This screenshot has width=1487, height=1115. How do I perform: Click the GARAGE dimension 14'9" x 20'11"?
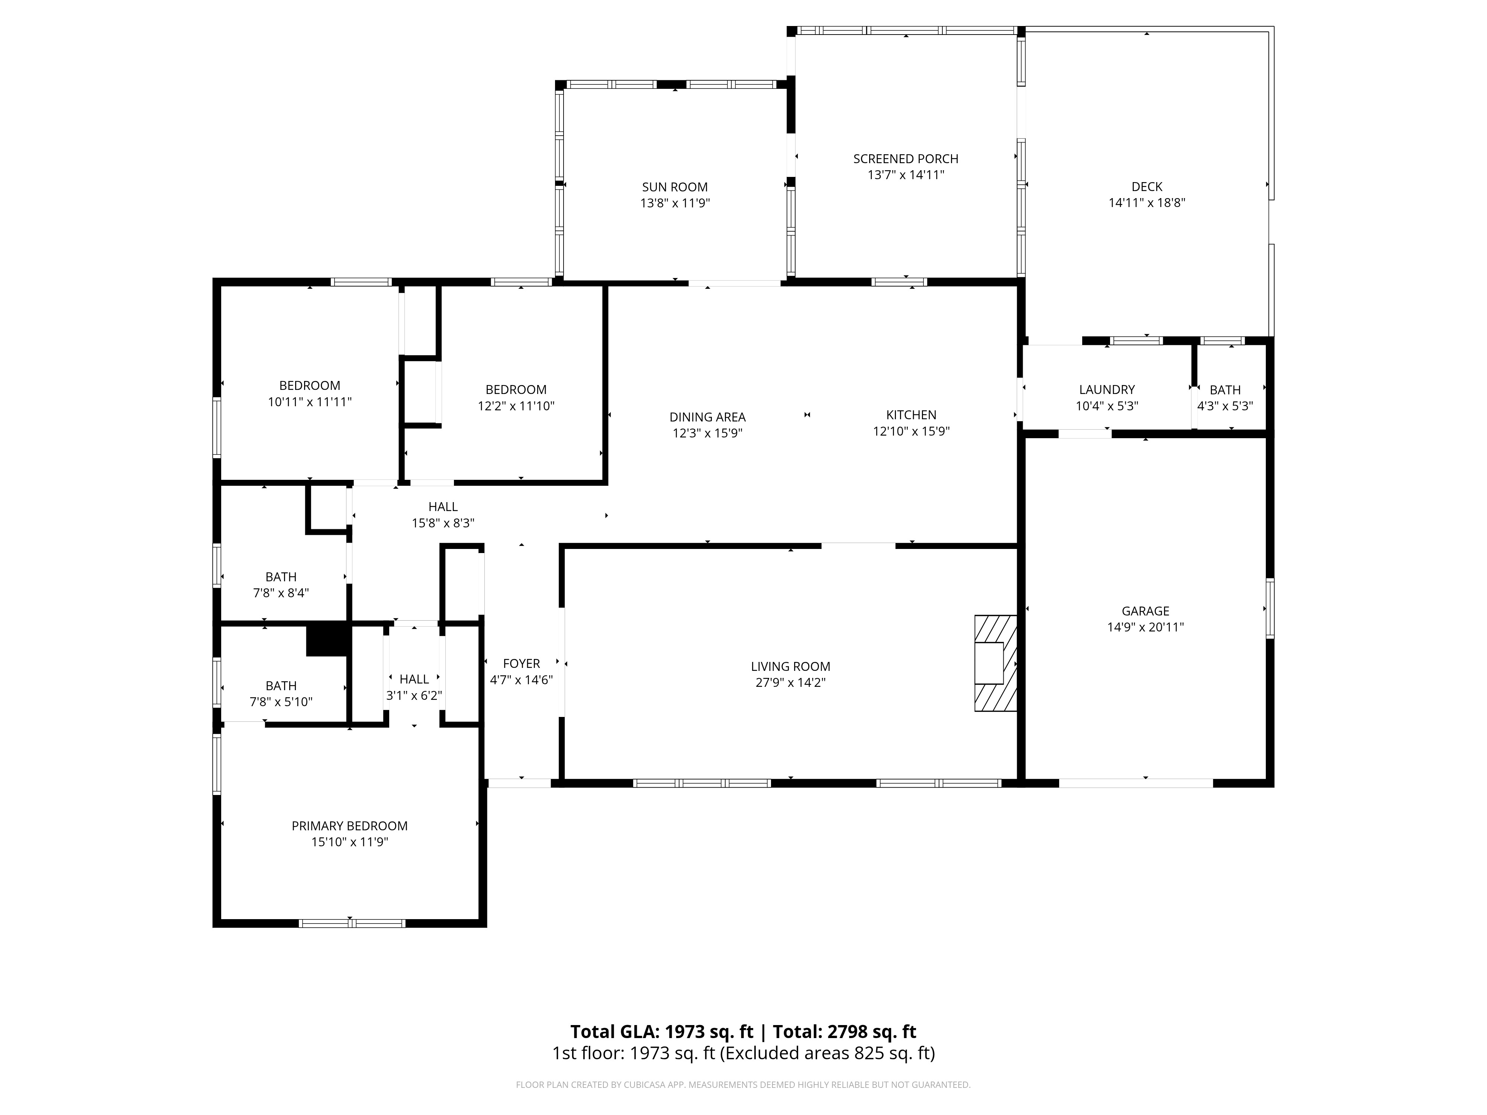pyautogui.click(x=1145, y=627)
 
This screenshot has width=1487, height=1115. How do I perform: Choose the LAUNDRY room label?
pyautogui.click(x=1106, y=390)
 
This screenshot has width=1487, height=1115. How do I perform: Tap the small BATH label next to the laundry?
pyautogui.click(x=1225, y=390)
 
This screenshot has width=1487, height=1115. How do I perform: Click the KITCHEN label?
pyautogui.click(x=911, y=415)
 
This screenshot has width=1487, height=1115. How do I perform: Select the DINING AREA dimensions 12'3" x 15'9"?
pyautogui.click(x=707, y=433)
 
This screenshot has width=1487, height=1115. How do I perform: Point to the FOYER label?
pyautogui.click(x=521, y=663)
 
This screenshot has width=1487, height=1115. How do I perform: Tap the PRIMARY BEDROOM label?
pyautogui.click(x=349, y=825)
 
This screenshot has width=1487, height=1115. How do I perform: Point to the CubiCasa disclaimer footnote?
pyautogui.click(x=743, y=1085)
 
